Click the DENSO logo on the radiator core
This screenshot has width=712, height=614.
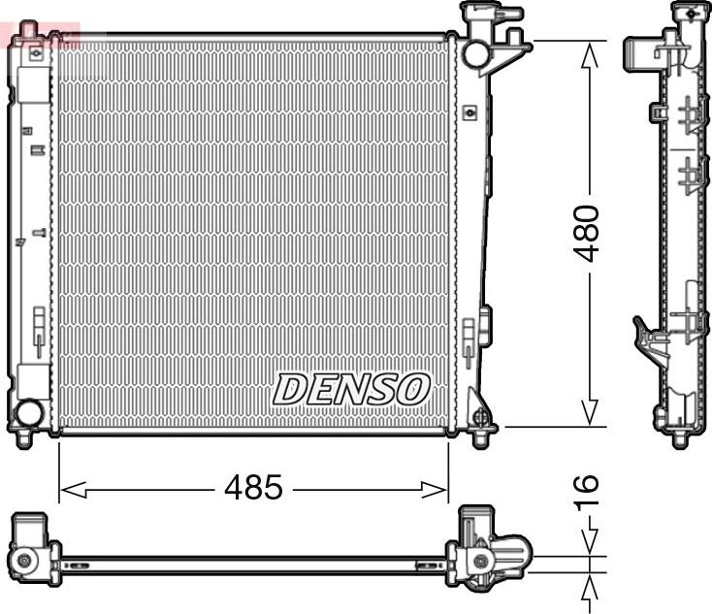[x=350, y=389]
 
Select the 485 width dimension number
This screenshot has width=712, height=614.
[x=253, y=488]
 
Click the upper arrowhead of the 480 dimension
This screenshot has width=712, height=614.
[x=588, y=50]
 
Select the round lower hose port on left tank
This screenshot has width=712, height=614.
[x=29, y=414]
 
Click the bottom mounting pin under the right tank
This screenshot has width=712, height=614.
[x=479, y=438]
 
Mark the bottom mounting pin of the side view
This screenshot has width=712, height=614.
[x=680, y=439]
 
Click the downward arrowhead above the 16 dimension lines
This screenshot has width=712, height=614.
[x=589, y=547]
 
